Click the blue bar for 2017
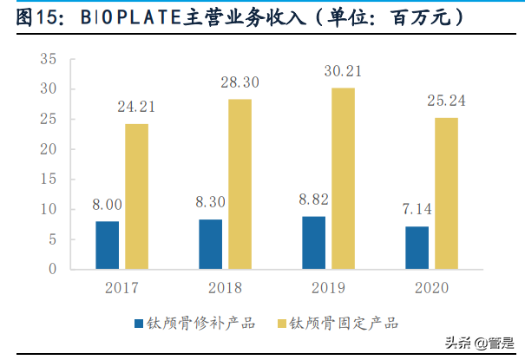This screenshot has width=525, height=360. pos(107,245)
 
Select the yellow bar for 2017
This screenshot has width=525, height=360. pos(136,197)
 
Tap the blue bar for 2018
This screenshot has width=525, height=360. pos(210,245)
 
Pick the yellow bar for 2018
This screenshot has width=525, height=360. pos(240,185)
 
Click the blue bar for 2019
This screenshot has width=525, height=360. pos(313,243)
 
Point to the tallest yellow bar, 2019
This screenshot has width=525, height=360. pos(343,179)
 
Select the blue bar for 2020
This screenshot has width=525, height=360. pos(417,248)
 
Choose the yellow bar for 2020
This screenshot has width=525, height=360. pos(446,193)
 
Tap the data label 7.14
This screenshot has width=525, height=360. pos(417,209)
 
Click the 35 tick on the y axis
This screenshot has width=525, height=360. pos(48,59)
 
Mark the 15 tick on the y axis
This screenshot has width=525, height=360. pos(48,180)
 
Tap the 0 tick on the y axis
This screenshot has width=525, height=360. pos(52,270)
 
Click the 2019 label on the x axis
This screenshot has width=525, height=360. pos(328,287)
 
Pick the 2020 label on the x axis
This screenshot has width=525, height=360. pos(431,287)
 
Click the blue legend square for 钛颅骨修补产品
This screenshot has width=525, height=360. pos(139,324)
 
